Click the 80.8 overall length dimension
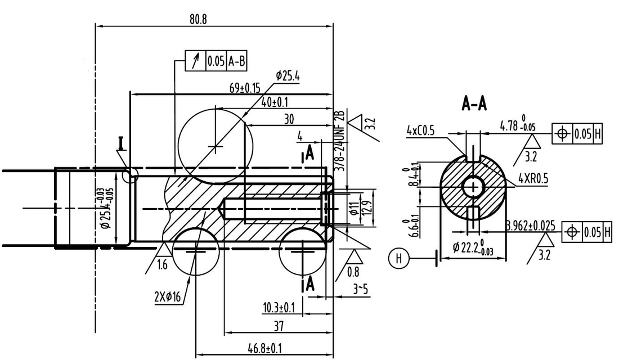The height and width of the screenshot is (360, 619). [x=198, y=19]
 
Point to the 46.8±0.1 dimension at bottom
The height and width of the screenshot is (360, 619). [x=264, y=349]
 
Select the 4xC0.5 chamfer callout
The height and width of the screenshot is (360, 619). [x=421, y=130]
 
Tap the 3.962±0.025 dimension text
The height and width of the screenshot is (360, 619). [x=531, y=226]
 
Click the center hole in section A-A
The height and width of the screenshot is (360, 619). [x=473, y=186]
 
